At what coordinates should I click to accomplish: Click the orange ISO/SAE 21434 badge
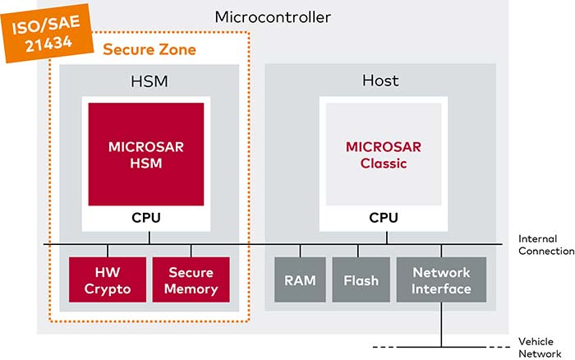point(47,34)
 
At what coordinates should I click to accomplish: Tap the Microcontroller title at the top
point(273,17)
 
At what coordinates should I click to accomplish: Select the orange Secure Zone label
point(149,49)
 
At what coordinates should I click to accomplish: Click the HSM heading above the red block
point(149,81)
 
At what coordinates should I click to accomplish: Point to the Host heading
point(380,81)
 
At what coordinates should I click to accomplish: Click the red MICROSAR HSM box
point(146,155)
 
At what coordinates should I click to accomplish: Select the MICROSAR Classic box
point(384,155)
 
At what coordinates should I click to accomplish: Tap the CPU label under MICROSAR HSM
point(146,218)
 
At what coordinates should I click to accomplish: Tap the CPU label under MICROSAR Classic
point(384,218)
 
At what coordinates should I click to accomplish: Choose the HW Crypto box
point(108,279)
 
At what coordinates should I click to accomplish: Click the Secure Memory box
point(191,279)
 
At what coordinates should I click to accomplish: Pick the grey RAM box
point(300,279)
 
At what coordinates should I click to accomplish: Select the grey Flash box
point(361,279)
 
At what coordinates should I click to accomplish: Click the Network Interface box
point(441,279)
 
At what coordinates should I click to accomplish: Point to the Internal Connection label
point(546,245)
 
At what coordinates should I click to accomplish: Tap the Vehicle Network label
point(540,348)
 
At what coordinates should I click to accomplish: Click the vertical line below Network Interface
point(441,325)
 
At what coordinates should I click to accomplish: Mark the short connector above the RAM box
point(300,251)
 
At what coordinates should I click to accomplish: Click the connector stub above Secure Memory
point(191,251)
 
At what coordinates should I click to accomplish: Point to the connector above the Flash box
point(358,251)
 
